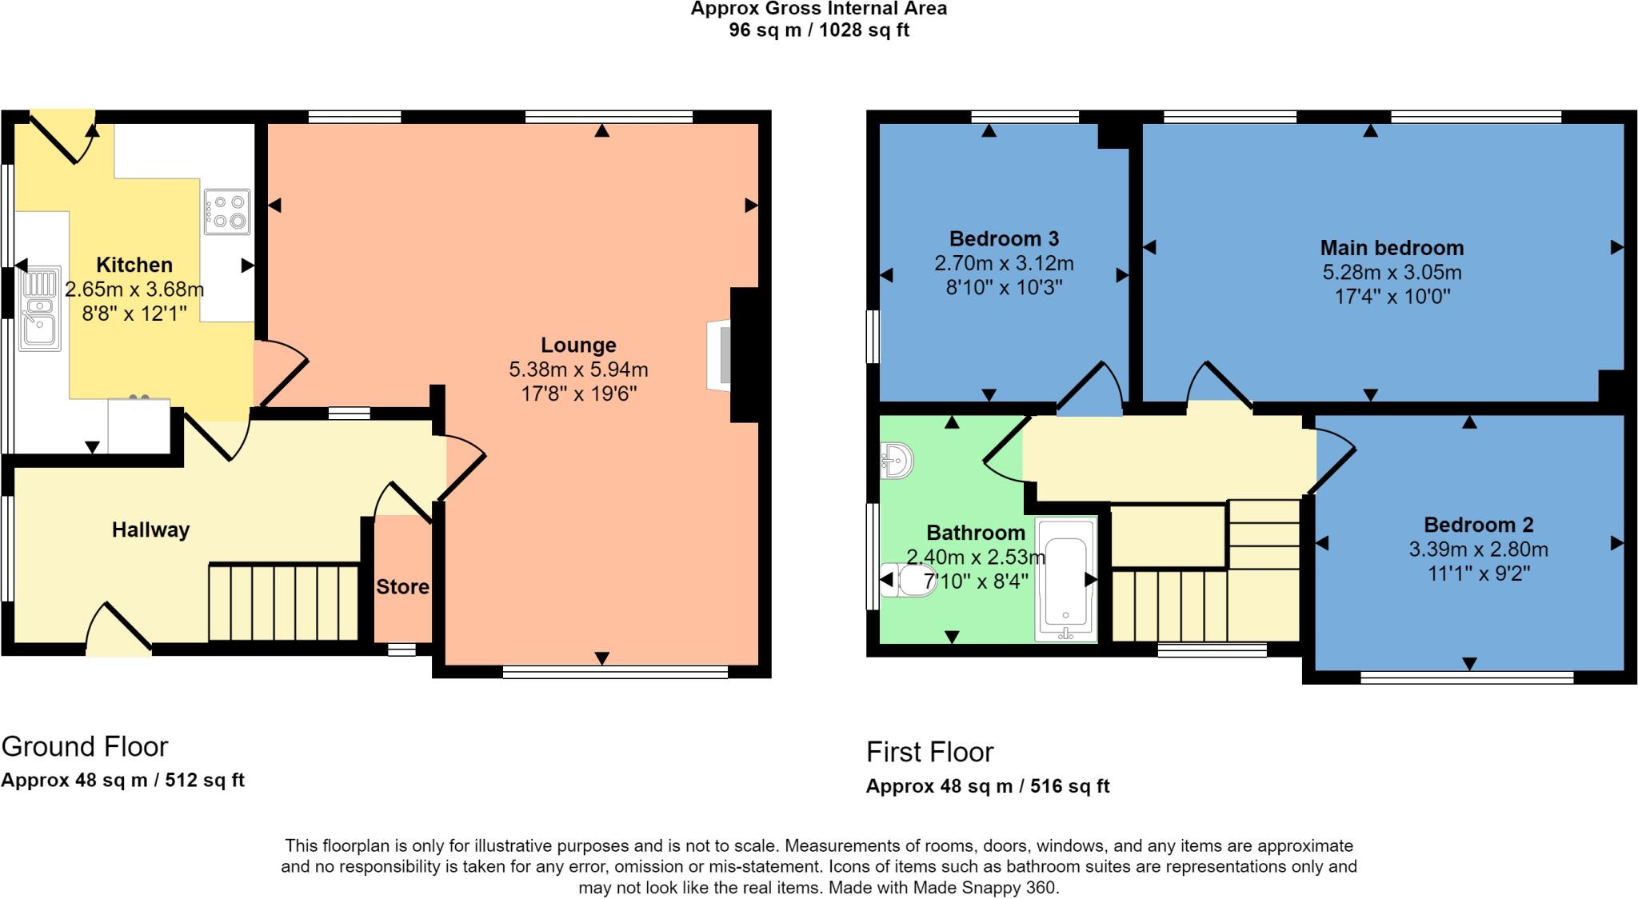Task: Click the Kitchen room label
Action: [134, 265]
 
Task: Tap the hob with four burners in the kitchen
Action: [227, 211]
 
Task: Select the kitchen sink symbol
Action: [40, 310]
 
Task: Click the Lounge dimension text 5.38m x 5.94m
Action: [578, 370]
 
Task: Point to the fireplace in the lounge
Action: [720, 355]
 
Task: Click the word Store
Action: [402, 587]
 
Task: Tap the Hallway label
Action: [150, 529]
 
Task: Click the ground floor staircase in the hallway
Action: [283, 602]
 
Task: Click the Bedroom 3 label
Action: [1004, 238]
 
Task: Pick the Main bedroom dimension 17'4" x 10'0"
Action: [1392, 297]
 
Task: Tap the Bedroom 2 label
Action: [1478, 525]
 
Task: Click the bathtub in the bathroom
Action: [1065, 579]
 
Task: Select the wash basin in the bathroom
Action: [897, 460]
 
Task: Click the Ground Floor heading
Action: [85, 746]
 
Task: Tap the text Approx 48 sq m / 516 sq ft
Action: [987, 786]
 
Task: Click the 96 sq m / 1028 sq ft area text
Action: [818, 30]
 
